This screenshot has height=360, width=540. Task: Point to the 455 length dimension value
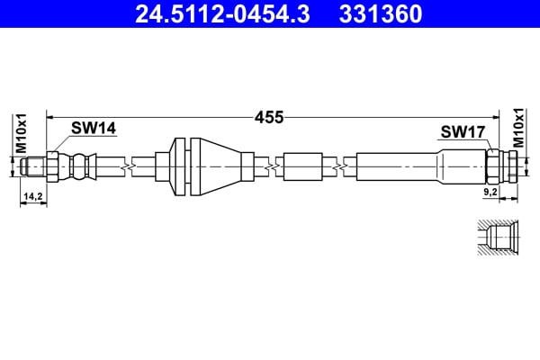[x=269, y=117]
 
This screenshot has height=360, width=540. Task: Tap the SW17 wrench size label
[x=463, y=132]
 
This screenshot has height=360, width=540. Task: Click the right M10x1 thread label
[x=519, y=128]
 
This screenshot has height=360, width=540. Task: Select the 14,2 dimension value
[x=33, y=195]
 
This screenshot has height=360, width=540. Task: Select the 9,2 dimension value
[x=490, y=192]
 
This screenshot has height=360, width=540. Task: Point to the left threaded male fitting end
[x=33, y=166]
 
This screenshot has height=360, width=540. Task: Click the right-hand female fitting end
[x=510, y=166]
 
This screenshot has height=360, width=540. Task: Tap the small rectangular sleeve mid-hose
[x=302, y=166]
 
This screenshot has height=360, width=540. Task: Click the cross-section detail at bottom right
[x=498, y=239]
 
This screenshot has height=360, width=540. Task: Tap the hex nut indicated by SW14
[x=52, y=166]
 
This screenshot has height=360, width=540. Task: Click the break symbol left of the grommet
[x=132, y=166]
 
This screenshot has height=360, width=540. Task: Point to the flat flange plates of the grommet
[x=181, y=166]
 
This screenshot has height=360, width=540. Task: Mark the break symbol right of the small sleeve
[x=338, y=166]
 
